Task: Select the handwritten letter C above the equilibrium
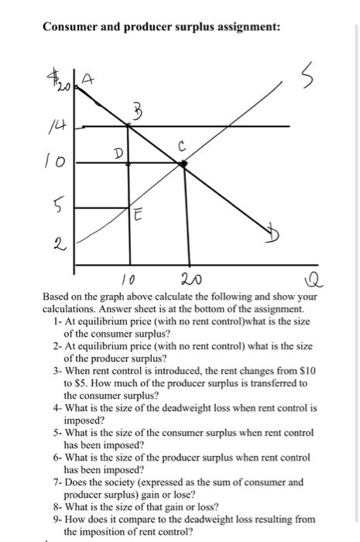180,145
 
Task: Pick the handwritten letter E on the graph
137,218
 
